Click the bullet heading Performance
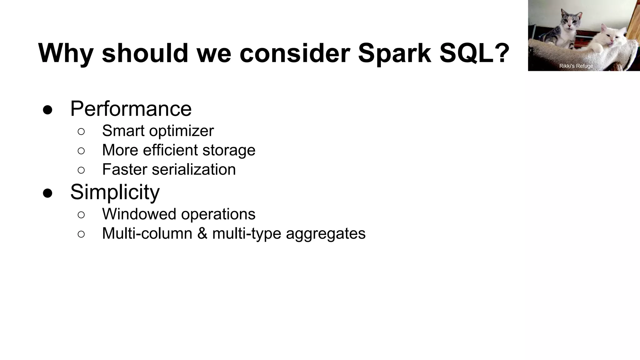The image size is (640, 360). [x=131, y=109]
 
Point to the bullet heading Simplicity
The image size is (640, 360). [x=115, y=192]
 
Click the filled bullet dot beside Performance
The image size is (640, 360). [x=47, y=110]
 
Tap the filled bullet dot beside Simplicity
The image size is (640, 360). [x=47, y=193]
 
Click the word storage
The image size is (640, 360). [x=229, y=150]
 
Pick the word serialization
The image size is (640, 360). [x=194, y=169]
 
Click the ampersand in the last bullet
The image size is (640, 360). [x=202, y=233]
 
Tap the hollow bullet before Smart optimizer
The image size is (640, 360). [x=81, y=132]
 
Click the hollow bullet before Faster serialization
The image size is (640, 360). [x=81, y=170]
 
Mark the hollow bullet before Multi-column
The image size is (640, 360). [x=81, y=234]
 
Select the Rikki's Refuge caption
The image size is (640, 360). [x=576, y=66]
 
